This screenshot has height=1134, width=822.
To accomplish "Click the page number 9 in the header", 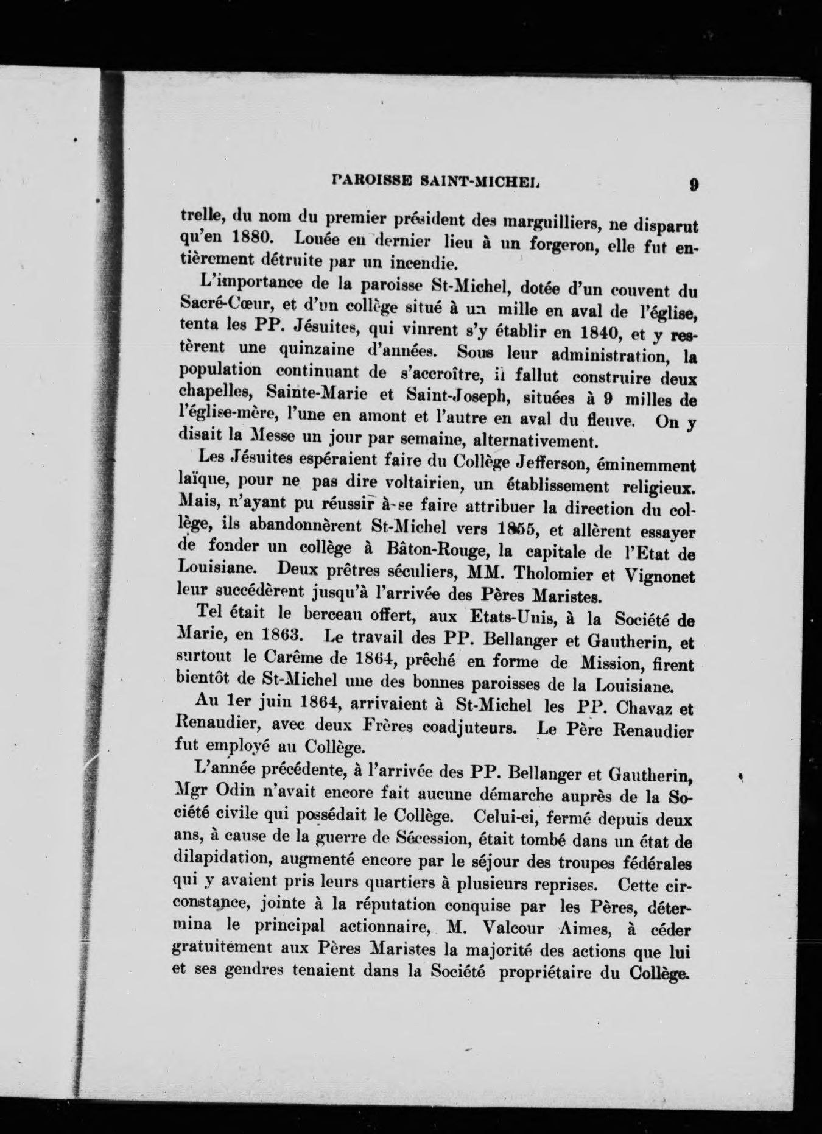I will coord(694,185).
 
